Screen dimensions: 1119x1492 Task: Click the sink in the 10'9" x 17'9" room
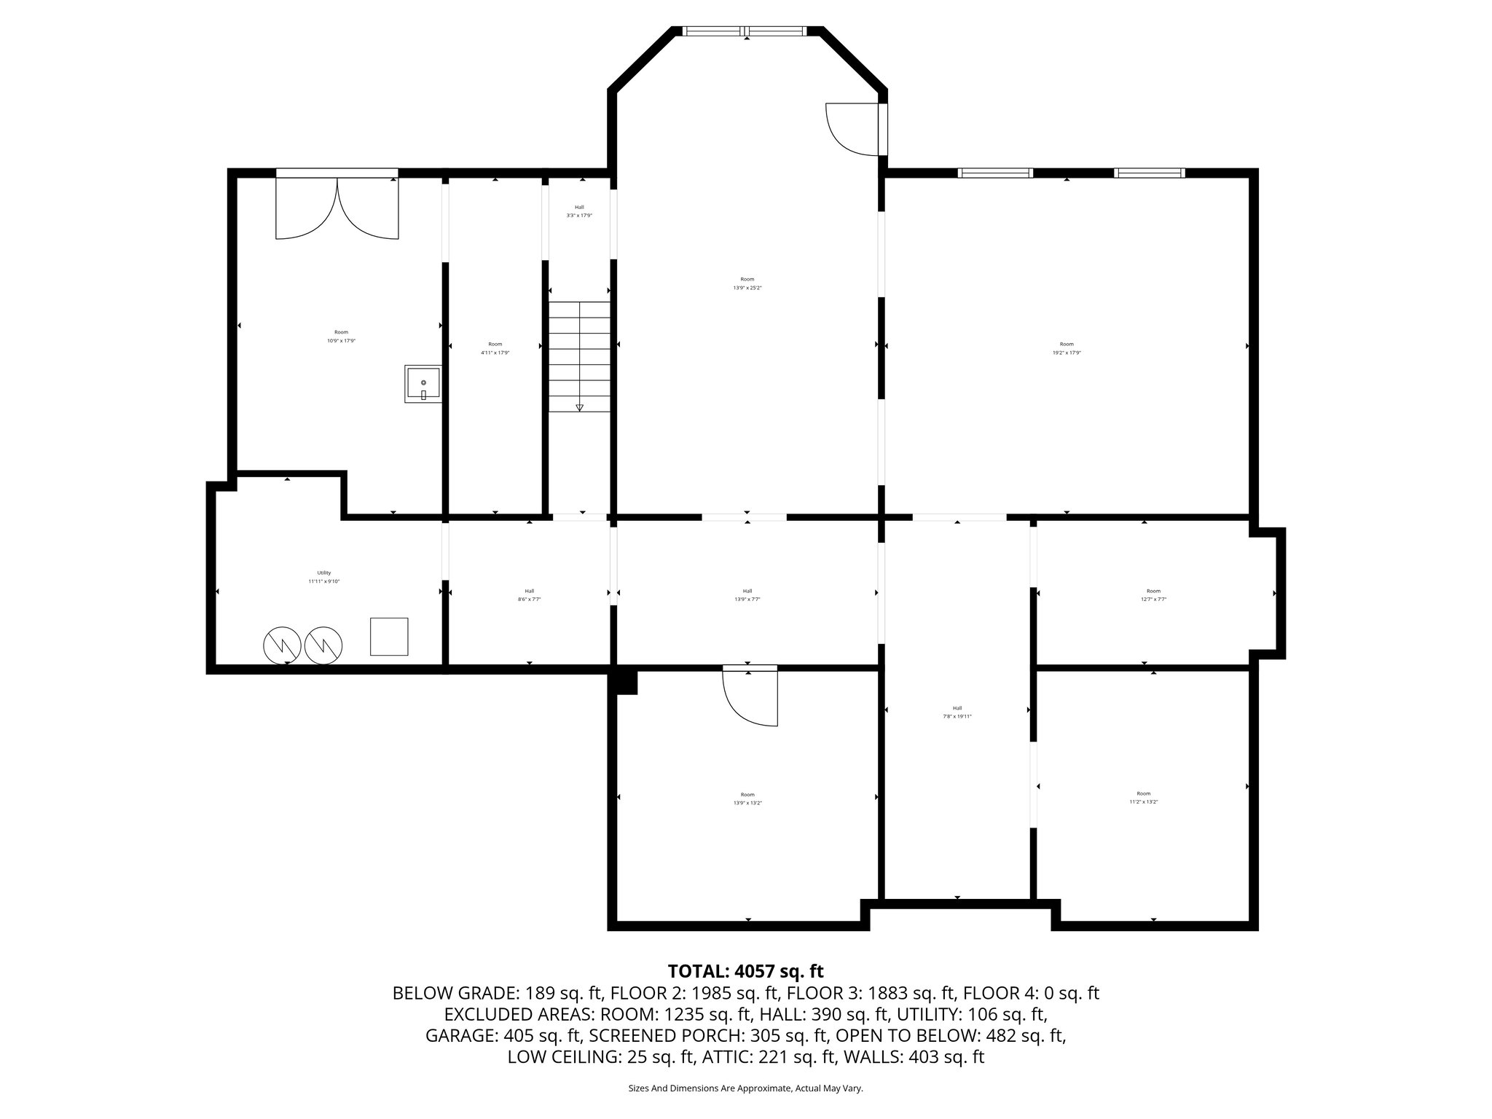[x=423, y=384]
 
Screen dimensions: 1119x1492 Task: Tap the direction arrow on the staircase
[x=580, y=407]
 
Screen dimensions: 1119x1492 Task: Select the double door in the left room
[x=337, y=208]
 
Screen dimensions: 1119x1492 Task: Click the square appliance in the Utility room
[x=389, y=636]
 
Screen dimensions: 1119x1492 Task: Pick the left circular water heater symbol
[x=282, y=644]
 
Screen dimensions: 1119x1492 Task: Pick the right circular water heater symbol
[x=323, y=644]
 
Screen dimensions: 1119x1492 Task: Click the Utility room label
[x=324, y=573]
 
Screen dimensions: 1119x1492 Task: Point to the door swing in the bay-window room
[x=852, y=130]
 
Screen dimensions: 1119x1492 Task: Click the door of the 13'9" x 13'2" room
[x=750, y=696]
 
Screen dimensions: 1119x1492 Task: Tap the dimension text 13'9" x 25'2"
[x=747, y=288]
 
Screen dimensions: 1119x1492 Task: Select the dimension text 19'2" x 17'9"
[x=1067, y=353]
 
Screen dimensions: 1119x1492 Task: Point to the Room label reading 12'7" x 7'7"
[x=1153, y=594]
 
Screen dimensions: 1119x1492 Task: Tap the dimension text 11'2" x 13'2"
[x=1144, y=801]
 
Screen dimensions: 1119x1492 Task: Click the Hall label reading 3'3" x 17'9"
[x=579, y=211]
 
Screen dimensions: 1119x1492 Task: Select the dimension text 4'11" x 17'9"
[x=495, y=353]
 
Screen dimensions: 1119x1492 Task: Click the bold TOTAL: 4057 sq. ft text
[x=745, y=971]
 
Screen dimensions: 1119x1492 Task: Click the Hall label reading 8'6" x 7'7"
[x=529, y=594]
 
